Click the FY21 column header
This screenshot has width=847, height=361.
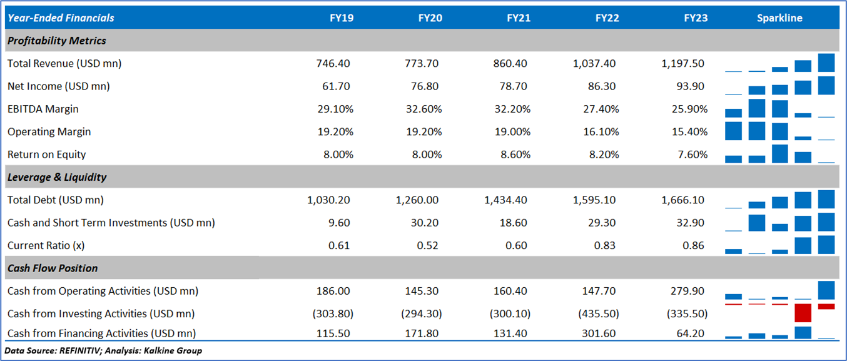tap(519, 18)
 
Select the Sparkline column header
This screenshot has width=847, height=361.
tap(779, 18)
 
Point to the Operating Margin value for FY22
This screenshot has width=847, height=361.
tap(601, 132)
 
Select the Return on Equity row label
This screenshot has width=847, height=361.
tap(46, 155)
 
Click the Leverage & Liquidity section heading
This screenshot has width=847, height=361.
tap(57, 177)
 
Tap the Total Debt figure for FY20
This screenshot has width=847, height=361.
tap(417, 200)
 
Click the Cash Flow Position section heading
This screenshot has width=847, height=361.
tap(53, 268)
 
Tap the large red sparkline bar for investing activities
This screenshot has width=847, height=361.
tap(803, 313)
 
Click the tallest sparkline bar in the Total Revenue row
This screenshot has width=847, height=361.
tap(826, 63)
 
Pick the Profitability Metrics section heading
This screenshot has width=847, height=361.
tap(57, 41)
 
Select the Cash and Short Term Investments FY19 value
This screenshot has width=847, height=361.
tap(342, 223)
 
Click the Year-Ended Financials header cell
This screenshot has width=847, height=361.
tap(61, 18)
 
